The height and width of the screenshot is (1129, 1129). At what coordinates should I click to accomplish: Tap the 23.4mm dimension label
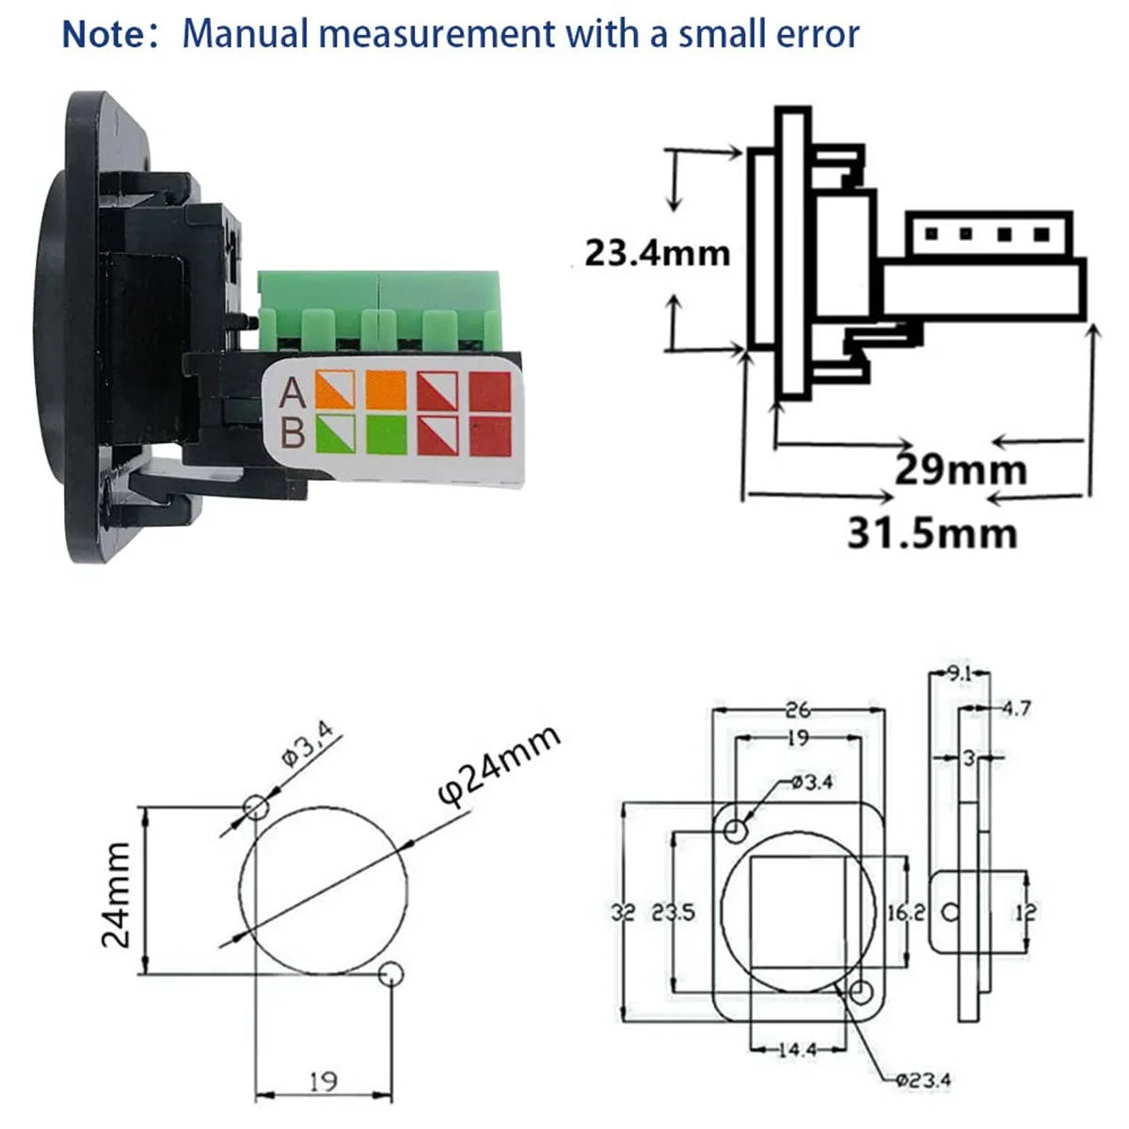click(x=657, y=253)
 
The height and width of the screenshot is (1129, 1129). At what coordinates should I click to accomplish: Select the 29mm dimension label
click(x=960, y=469)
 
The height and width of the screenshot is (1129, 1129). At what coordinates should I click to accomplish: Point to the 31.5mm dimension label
click(x=932, y=533)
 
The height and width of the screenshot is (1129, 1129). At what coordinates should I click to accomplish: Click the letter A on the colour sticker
click(x=294, y=392)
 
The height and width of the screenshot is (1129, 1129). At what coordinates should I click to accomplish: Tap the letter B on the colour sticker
click(x=294, y=434)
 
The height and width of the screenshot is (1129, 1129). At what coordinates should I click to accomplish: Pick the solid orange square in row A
click(x=386, y=390)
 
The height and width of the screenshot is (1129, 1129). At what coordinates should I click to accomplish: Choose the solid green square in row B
click(x=386, y=435)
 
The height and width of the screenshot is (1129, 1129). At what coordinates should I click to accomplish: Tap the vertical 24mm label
click(x=118, y=894)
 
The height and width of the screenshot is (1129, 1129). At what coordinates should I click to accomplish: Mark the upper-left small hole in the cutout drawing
click(x=255, y=807)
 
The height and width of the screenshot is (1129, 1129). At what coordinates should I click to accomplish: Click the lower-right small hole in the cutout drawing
click(x=391, y=975)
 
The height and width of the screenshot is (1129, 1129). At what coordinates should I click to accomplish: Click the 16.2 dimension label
click(x=906, y=912)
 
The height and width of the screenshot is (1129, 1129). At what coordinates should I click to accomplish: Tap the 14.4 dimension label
click(x=797, y=1048)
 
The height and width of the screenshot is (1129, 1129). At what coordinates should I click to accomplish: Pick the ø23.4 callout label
click(x=922, y=1079)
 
